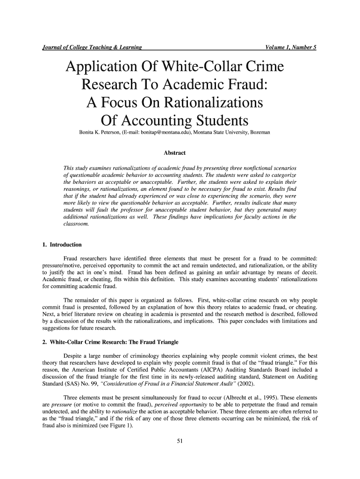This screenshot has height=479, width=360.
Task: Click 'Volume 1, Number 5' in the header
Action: click(x=290, y=47)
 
